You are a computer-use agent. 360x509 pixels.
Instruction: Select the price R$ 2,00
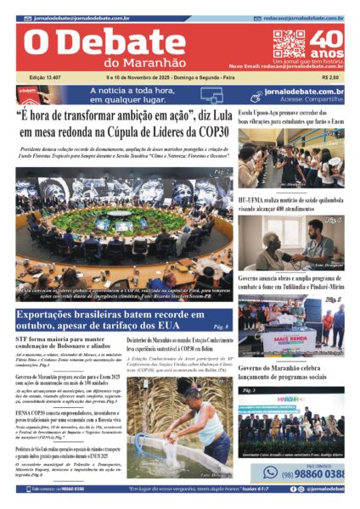pyautogui.click(x=332, y=78)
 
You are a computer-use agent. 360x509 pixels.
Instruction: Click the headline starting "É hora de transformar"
pyautogui.click(x=124, y=125)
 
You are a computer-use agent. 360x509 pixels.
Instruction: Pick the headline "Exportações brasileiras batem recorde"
pyautogui.click(x=110, y=319)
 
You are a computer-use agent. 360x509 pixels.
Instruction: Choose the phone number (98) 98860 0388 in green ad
pyautogui.click(x=314, y=473)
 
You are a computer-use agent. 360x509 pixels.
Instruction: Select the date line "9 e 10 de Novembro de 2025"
pyautogui.click(x=170, y=78)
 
